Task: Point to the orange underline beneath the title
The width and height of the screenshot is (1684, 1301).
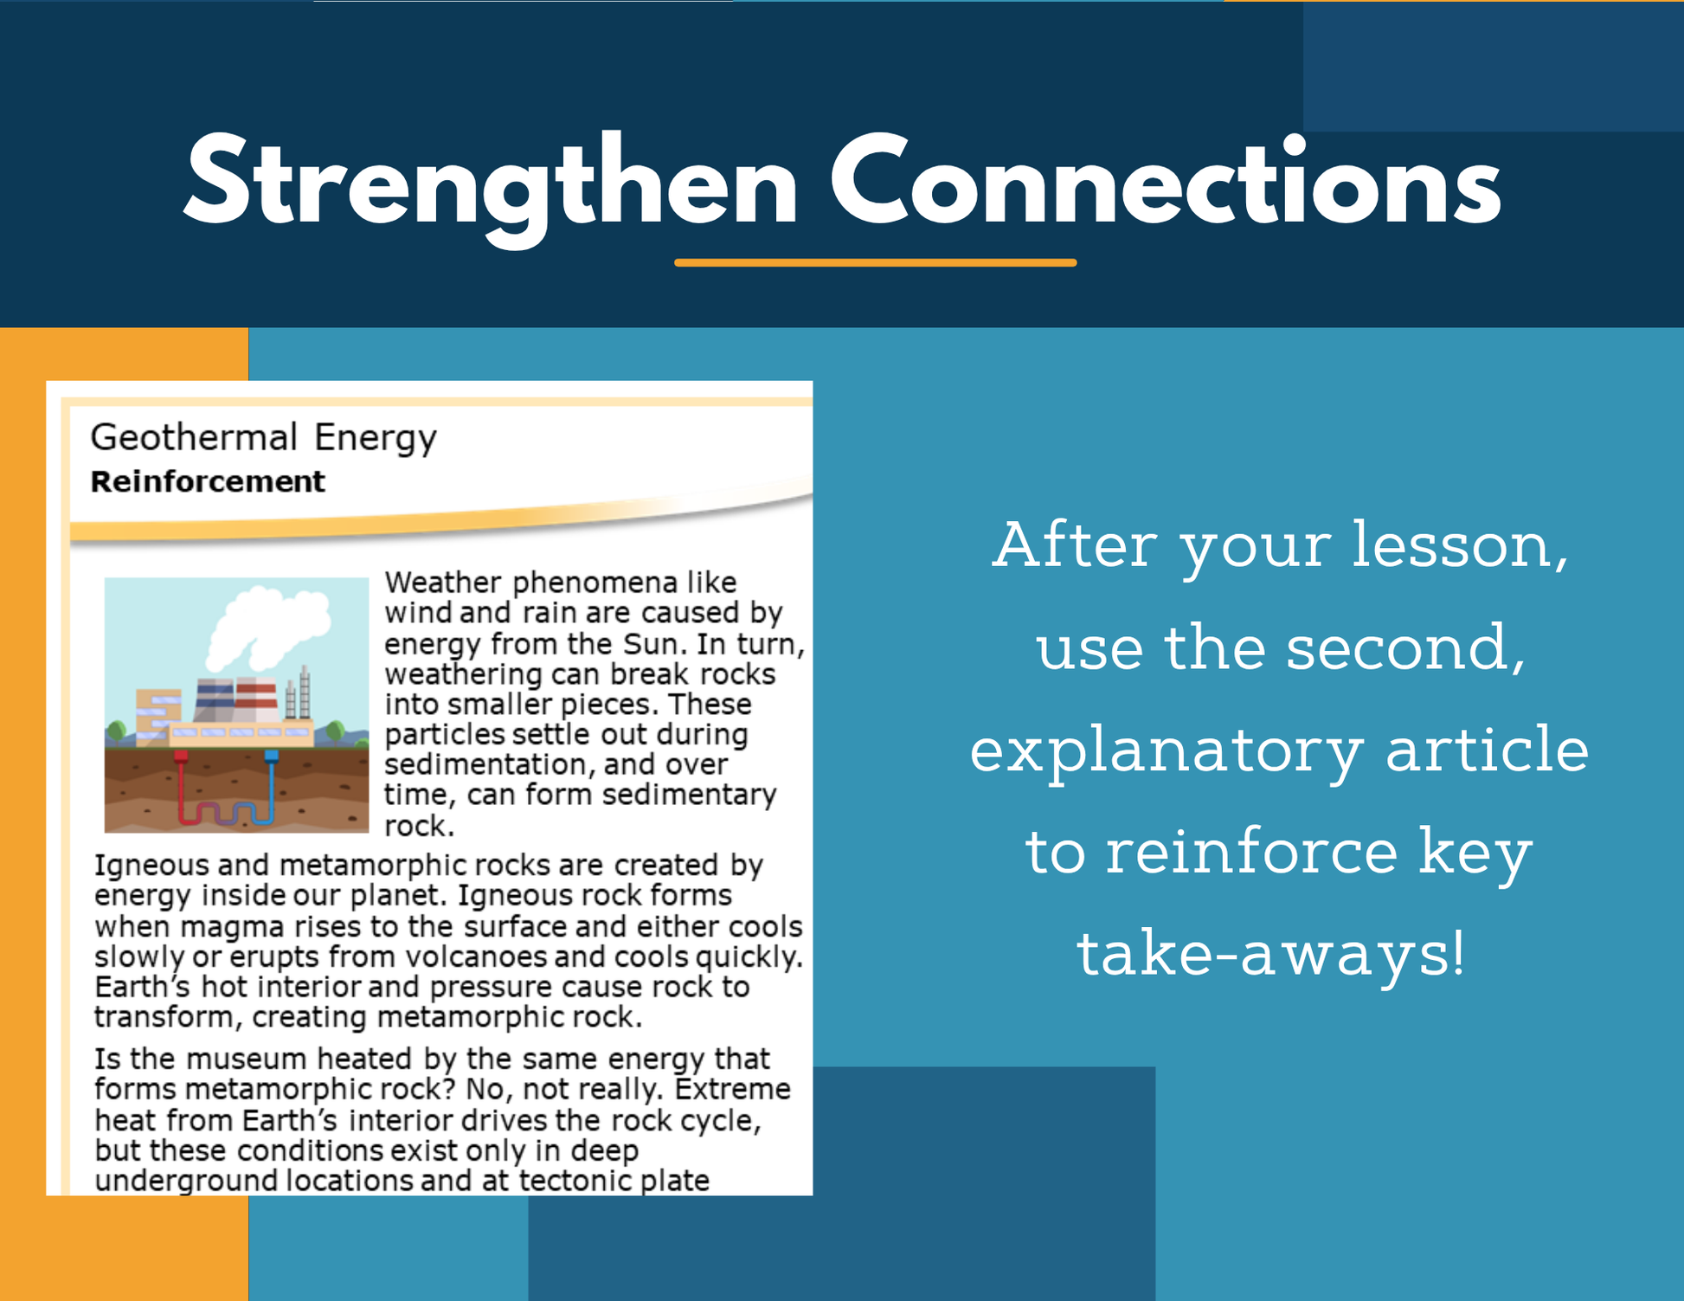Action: coord(875,262)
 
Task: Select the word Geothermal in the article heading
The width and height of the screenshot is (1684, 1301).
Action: coord(195,437)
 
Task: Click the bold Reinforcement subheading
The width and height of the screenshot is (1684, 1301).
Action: coord(208,481)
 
